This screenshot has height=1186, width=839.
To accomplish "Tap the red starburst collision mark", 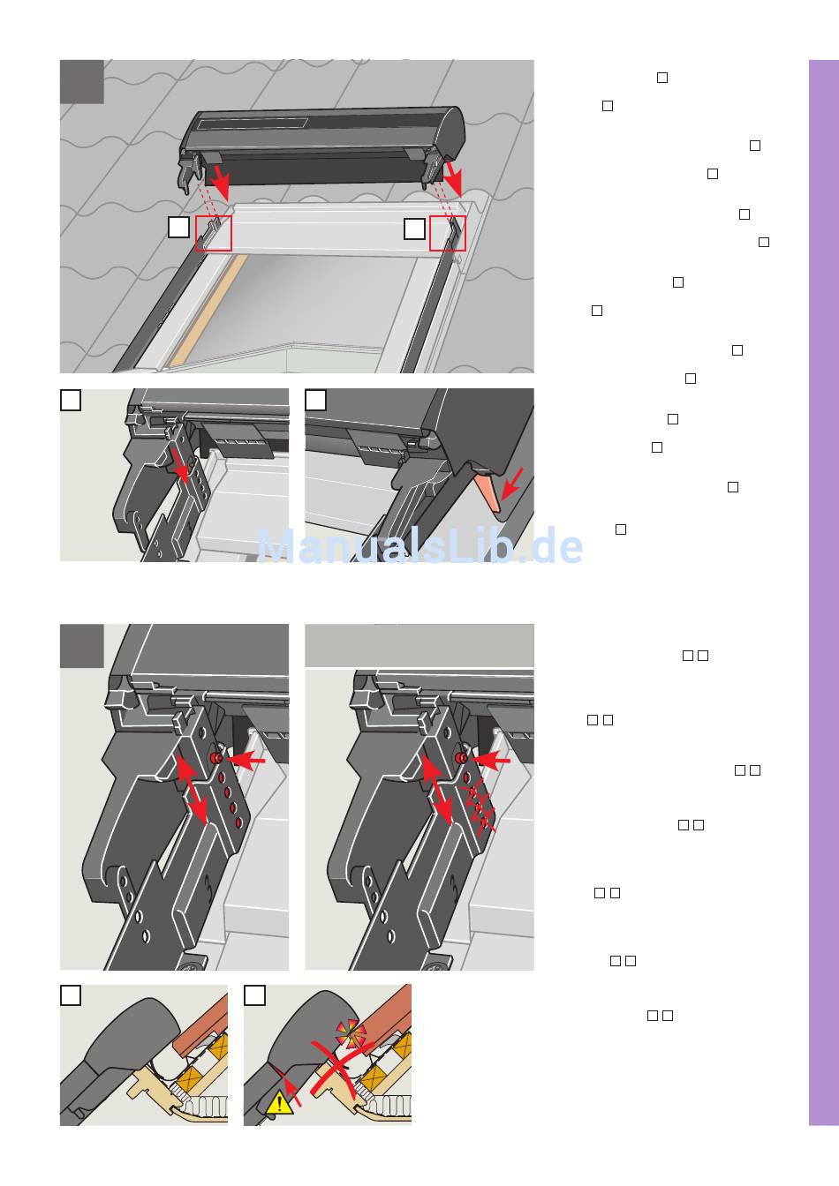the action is point(351,1033).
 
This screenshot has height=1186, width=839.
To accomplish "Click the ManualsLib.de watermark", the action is point(419,545).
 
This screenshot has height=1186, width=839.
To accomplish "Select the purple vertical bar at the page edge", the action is point(824,592).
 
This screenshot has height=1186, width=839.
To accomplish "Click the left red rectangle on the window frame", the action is point(214,233).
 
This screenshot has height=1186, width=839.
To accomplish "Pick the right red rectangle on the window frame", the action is point(448,233).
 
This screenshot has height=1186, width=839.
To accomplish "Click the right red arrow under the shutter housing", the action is point(453,178).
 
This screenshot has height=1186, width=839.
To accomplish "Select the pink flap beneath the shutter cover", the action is point(488,492).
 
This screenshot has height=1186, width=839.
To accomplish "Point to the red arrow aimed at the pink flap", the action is point(511,484).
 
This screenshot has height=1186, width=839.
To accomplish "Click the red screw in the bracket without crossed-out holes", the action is point(215,758).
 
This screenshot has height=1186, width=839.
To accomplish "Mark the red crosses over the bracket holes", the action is point(479,806).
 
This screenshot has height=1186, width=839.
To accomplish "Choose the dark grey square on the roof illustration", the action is point(81,81).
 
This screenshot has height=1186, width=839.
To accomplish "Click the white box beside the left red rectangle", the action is point(178,227).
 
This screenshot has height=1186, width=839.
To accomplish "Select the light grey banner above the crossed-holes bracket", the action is point(419,645).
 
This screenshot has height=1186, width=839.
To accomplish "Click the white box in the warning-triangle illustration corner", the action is point(254,995).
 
